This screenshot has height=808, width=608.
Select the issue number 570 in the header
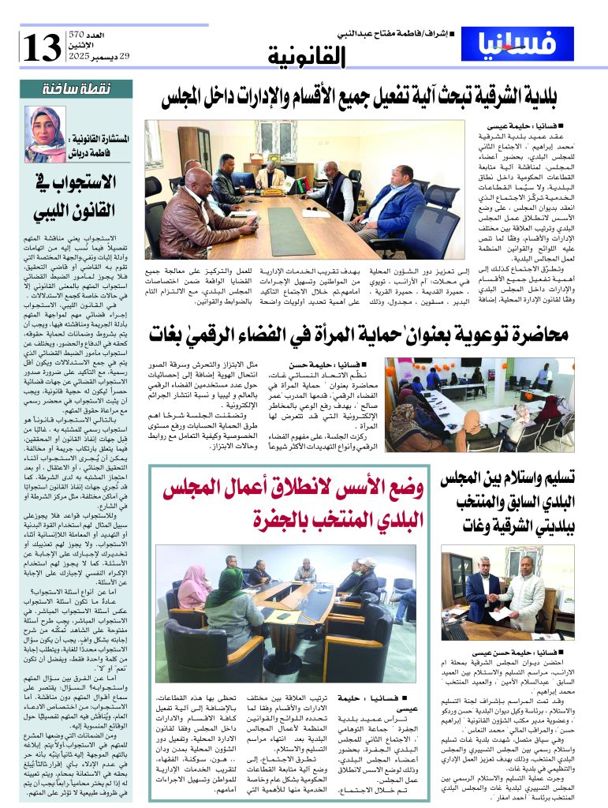coord(76,35)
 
